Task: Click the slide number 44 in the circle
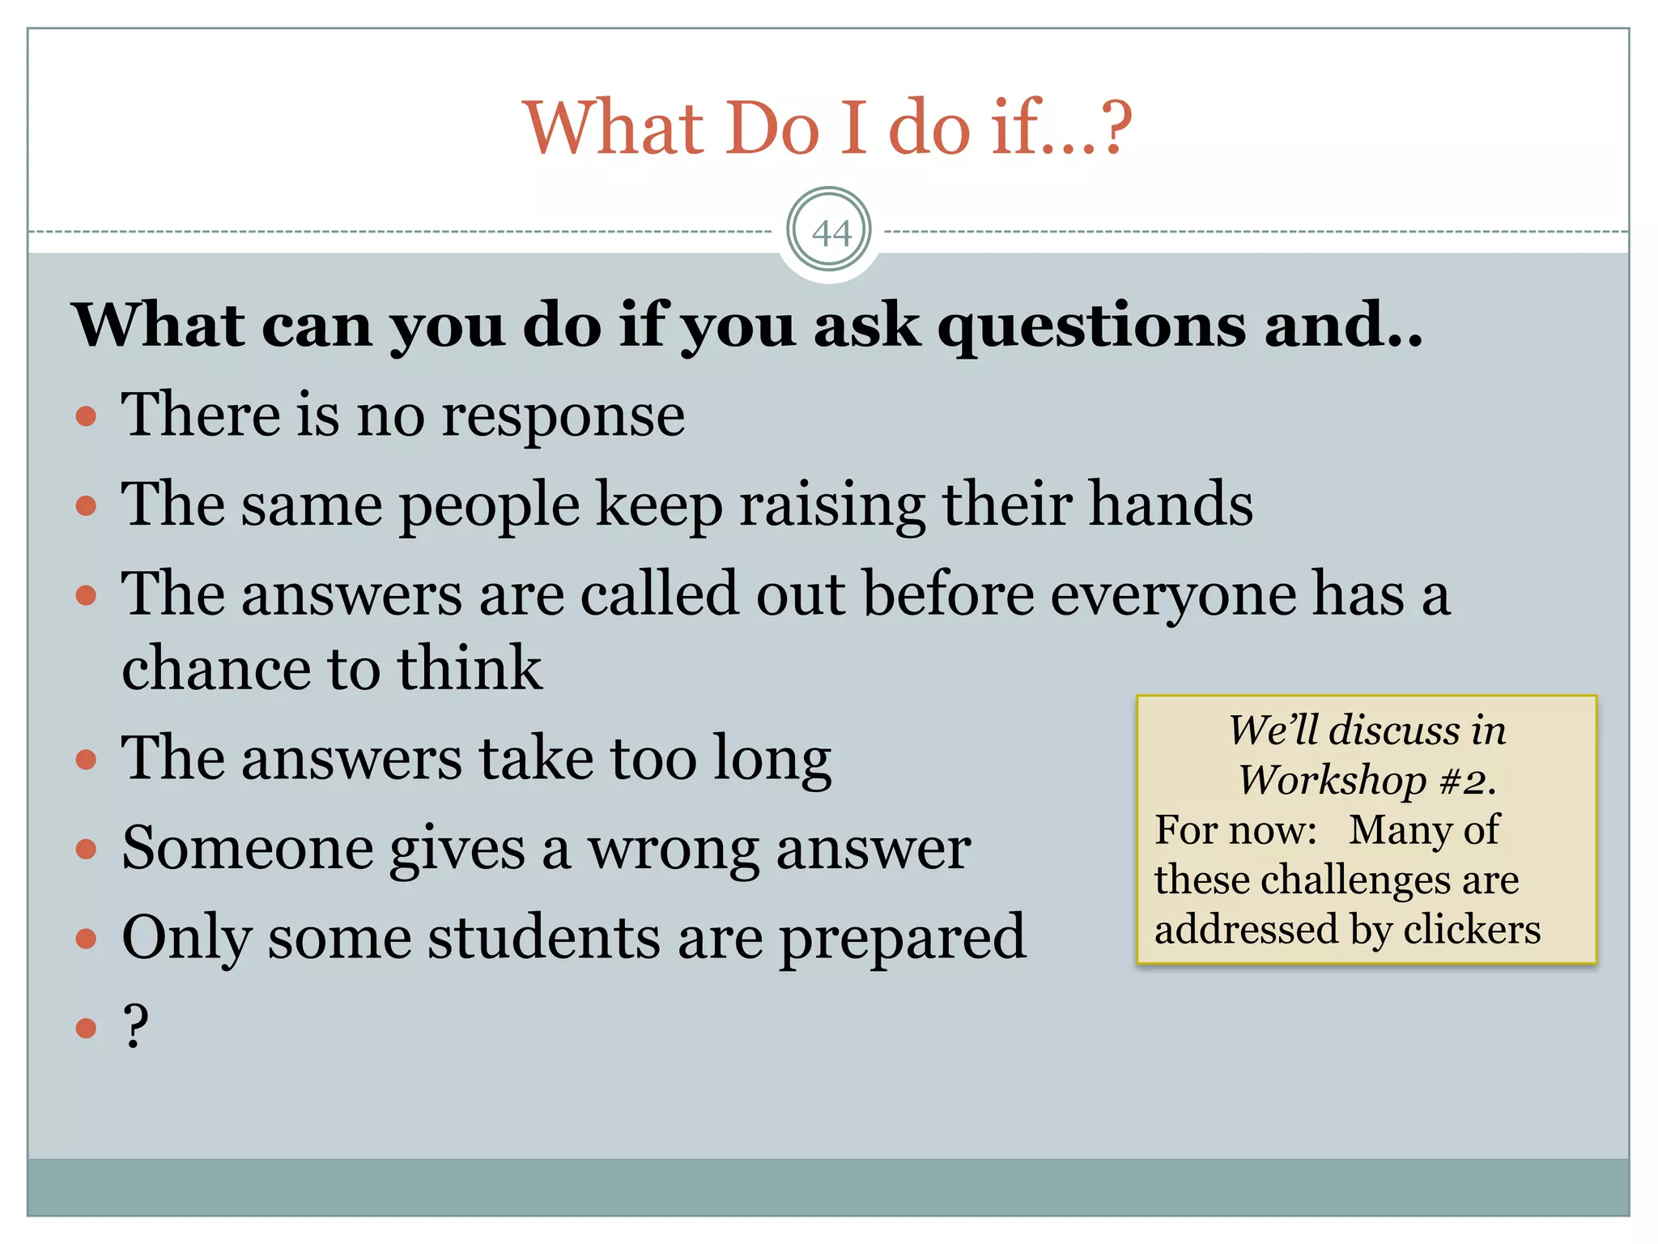tap(831, 233)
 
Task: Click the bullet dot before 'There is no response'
tap(86, 417)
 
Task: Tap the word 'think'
tap(469, 668)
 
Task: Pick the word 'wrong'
tap(674, 849)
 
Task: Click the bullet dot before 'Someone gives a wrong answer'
tap(86, 850)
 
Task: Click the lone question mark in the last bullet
tap(136, 1025)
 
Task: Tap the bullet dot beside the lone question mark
tap(86, 1028)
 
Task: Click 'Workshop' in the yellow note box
tap(1332, 781)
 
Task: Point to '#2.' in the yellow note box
tap(1468, 781)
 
